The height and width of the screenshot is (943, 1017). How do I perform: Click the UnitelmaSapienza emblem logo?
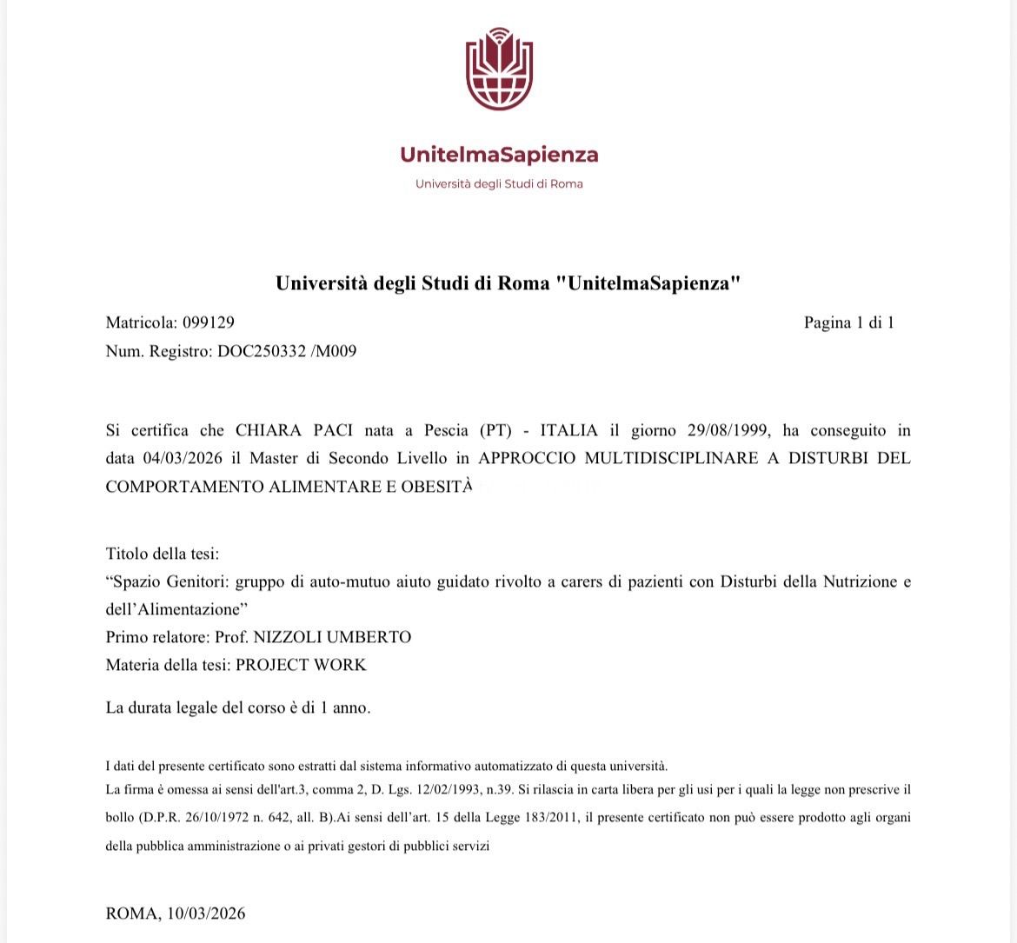[499, 70]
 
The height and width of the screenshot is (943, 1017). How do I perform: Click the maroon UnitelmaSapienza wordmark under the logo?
[499, 155]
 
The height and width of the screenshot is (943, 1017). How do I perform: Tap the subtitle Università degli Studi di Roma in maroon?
[499, 184]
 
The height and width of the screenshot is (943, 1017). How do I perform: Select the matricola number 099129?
[208, 322]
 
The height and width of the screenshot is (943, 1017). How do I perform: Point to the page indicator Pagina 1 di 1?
[848, 322]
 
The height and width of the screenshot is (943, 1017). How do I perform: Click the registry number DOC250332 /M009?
[287, 351]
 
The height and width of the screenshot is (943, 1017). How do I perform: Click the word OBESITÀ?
[436, 487]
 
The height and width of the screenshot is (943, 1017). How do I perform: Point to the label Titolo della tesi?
[163, 554]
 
